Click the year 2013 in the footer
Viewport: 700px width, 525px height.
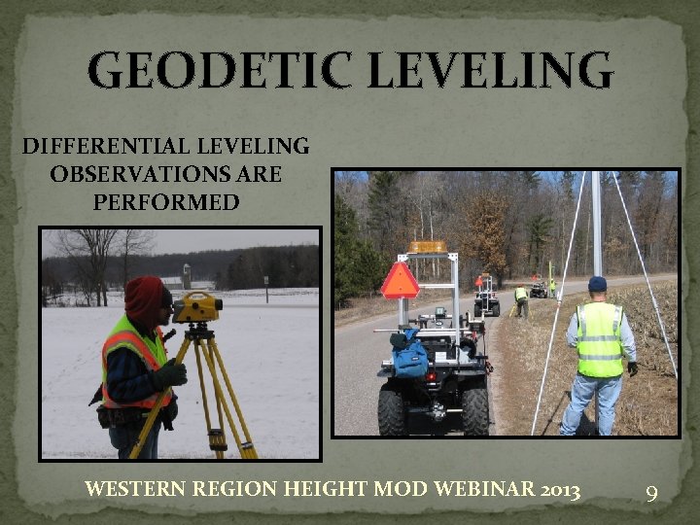coord(560,489)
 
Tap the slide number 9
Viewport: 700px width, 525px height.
coord(652,492)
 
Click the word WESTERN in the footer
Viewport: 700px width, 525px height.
coord(131,489)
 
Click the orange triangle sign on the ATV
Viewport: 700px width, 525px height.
coord(400,281)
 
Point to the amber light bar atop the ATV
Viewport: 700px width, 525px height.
coord(428,247)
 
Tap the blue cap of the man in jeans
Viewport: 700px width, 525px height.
coord(597,283)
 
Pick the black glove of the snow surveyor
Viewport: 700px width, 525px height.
coord(171,374)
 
